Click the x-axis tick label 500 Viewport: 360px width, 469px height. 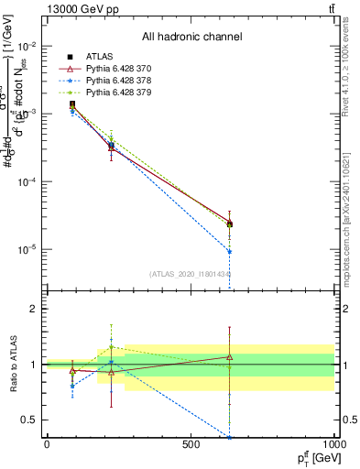(x=191, y=444)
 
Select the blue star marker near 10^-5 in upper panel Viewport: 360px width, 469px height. (x=229, y=252)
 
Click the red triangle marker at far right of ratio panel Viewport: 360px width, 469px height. (x=229, y=357)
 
